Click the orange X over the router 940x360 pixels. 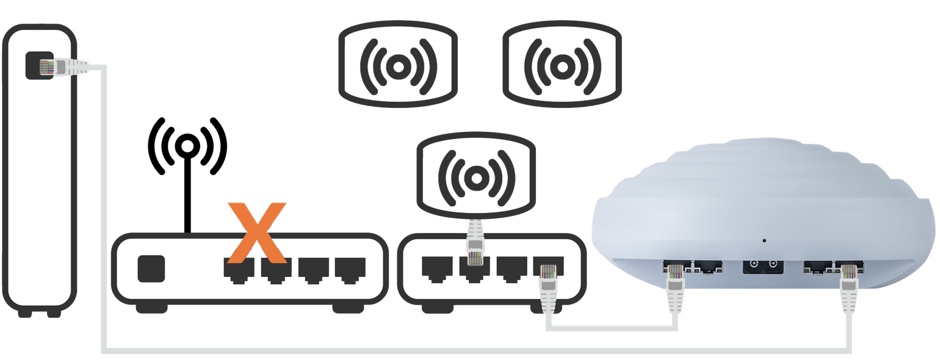(x=256, y=231)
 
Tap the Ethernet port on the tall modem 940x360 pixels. (x=39, y=65)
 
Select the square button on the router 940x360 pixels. (x=151, y=268)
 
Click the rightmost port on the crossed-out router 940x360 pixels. (x=350, y=268)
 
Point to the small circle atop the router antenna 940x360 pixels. (x=187, y=146)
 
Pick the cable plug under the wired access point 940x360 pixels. (x=475, y=244)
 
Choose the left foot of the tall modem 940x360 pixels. (x=24, y=313)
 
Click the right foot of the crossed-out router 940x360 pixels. (x=347, y=309)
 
